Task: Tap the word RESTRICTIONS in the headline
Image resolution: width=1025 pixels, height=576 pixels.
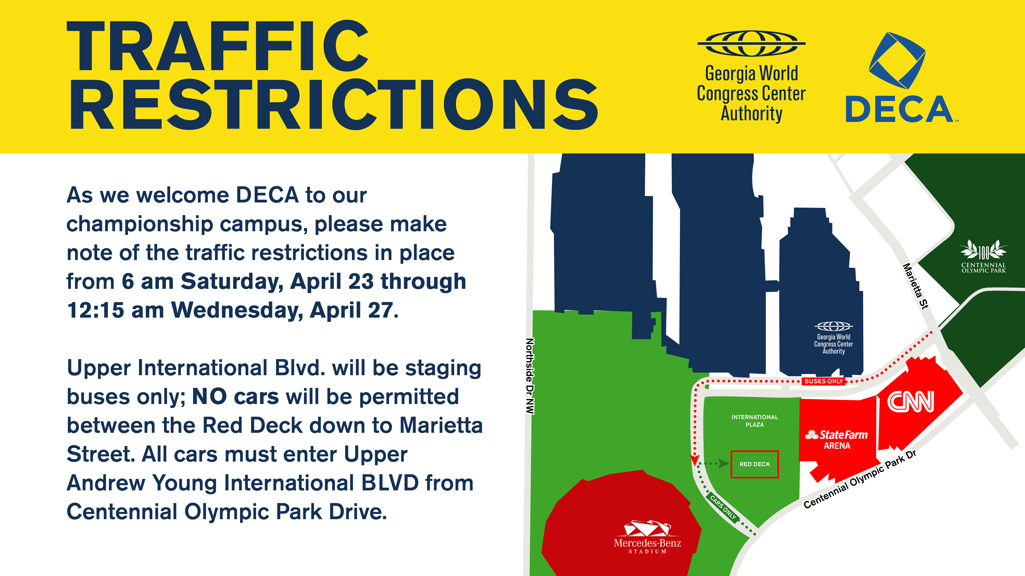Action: [333, 104]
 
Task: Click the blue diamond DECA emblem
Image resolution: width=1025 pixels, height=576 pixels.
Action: [897, 60]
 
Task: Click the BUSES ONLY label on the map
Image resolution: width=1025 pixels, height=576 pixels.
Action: [824, 381]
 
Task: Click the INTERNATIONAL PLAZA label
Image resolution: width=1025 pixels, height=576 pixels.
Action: [754, 421]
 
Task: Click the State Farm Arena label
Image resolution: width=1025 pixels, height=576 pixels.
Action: [836, 440]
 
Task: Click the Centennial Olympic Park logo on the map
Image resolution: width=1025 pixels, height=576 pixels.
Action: [983, 256]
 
